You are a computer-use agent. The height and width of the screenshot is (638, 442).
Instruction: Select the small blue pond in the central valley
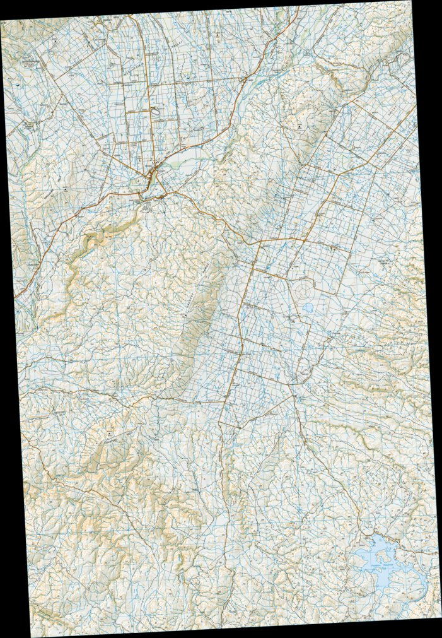(308, 309)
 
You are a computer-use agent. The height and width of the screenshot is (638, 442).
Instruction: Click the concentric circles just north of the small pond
(303, 290)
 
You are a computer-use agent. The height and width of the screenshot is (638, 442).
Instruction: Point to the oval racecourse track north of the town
(156, 111)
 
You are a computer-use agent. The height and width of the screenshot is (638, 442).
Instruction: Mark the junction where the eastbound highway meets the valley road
(259, 242)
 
